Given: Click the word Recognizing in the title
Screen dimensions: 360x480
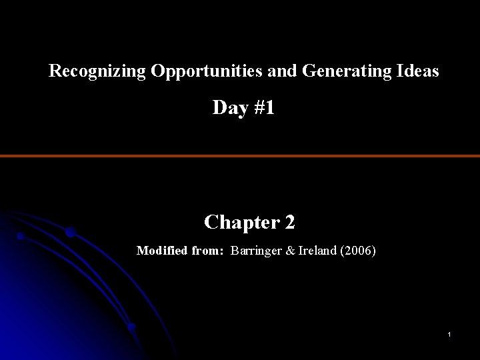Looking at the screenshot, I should [97, 72].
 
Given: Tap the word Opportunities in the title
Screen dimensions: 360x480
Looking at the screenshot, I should [209, 72].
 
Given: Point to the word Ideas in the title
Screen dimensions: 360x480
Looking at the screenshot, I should [416, 71].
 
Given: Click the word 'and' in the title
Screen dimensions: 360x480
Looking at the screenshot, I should [285, 71].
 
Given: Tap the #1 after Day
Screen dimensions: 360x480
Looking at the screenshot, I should [263, 109].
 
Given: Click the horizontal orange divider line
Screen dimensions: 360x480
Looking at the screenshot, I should [240, 156].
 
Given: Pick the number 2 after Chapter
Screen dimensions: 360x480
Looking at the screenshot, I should [290, 222].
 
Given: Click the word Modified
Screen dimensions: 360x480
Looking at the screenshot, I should [161, 251].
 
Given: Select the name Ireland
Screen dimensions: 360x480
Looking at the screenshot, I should [322, 251].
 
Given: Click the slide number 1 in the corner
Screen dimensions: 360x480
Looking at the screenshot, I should [450, 333].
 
